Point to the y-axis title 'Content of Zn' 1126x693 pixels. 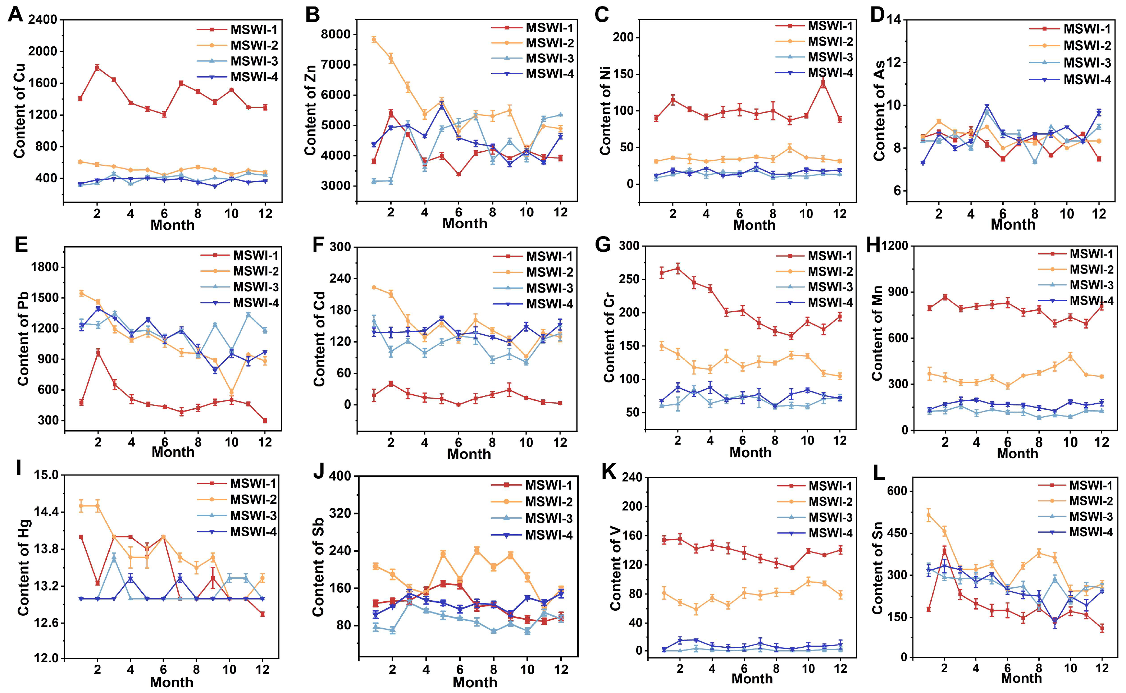pyautogui.click(x=310, y=110)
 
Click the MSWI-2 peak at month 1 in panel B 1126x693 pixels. pyautogui.click(x=374, y=40)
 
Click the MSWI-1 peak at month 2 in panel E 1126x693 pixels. pyautogui.click(x=98, y=353)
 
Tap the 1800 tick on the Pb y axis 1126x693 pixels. pyautogui.click(x=45, y=267)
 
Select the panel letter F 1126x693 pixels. pyautogui.click(x=318, y=245)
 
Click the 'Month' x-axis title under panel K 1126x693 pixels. pyautogui.click(x=752, y=678)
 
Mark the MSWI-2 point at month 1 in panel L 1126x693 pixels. pyautogui.click(x=929, y=515)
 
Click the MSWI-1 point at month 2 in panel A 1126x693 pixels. pyautogui.click(x=97, y=67)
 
